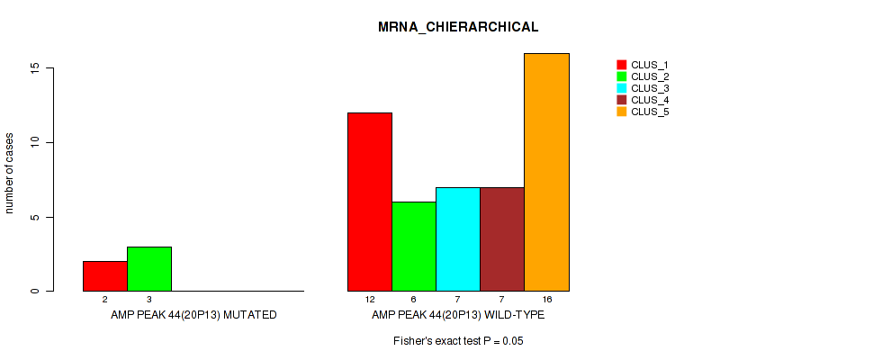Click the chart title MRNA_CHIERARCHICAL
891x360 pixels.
click(458, 27)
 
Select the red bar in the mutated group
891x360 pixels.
click(105, 276)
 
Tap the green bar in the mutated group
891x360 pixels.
click(149, 269)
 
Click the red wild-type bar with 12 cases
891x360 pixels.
click(370, 202)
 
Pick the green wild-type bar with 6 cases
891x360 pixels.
click(414, 247)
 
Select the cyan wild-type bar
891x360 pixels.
click(458, 239)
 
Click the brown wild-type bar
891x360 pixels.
click(502, 239)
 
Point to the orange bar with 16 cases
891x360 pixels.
click(546, 172)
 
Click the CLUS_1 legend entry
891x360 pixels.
click(643, 65)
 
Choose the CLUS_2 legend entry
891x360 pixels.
click(643, 76)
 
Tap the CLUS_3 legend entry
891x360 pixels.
click(643, 88)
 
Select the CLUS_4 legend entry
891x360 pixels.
click(643, 100)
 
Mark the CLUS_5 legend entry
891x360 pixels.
click(643, 112)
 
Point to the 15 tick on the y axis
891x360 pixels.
click(33, 68)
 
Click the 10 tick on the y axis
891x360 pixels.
click(33, 142)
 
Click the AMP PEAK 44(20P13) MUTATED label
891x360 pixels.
click(193, 316)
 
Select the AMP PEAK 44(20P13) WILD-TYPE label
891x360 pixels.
click(458, 316)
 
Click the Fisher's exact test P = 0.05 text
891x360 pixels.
click(458, 342)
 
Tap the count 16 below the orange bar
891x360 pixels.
click(546, 299)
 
